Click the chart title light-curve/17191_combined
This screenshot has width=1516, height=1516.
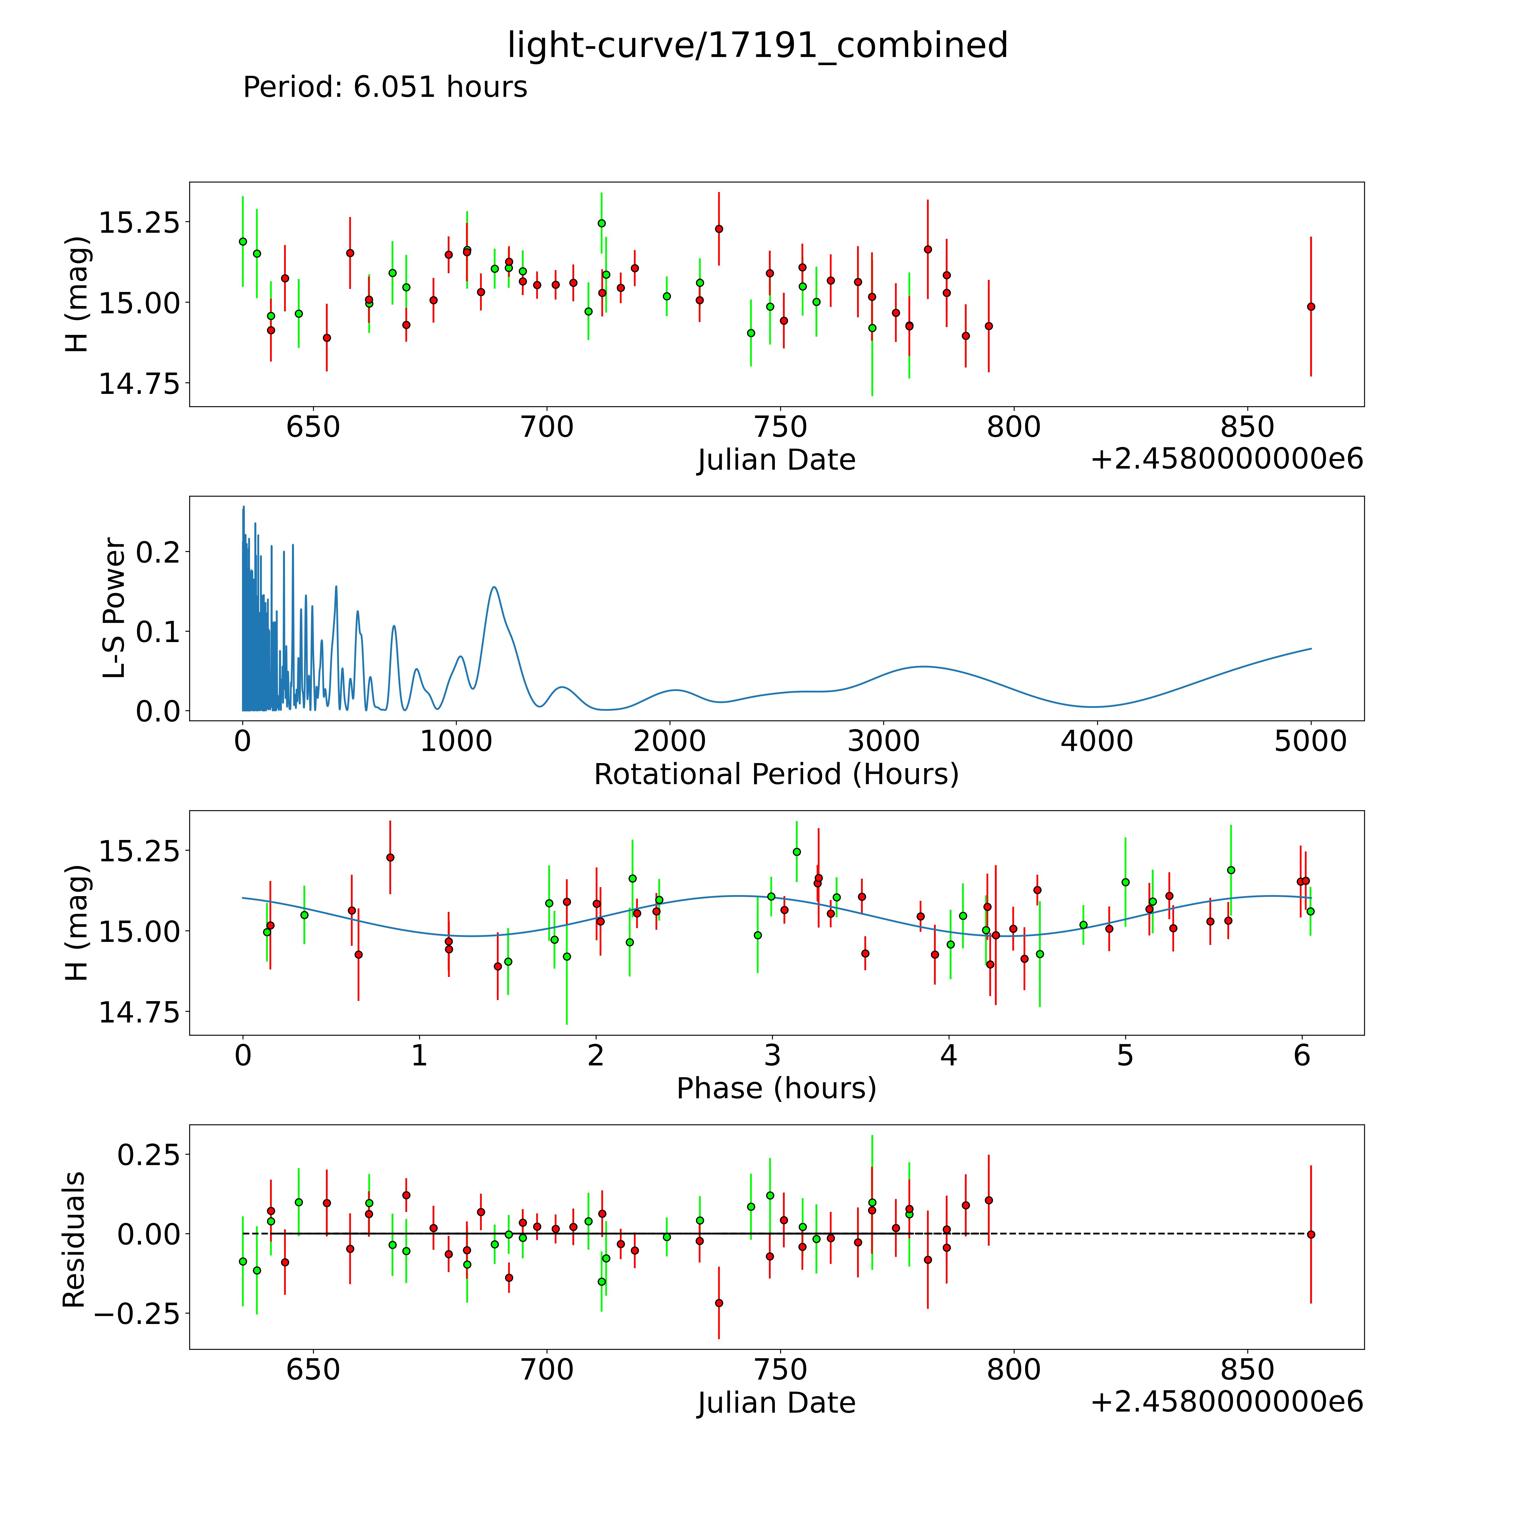point(757,45)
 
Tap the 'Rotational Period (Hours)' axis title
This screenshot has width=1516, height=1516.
point(776,775)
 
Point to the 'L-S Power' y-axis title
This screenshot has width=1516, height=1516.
point(115,608)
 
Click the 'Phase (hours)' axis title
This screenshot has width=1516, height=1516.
point(776,1088)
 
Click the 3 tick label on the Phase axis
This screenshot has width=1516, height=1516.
point(772,1055)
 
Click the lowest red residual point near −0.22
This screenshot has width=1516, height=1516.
point(719,1303)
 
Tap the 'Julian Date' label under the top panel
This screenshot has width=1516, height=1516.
point(776,460)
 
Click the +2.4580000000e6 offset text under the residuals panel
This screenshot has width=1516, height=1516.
point(1227,1402)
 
